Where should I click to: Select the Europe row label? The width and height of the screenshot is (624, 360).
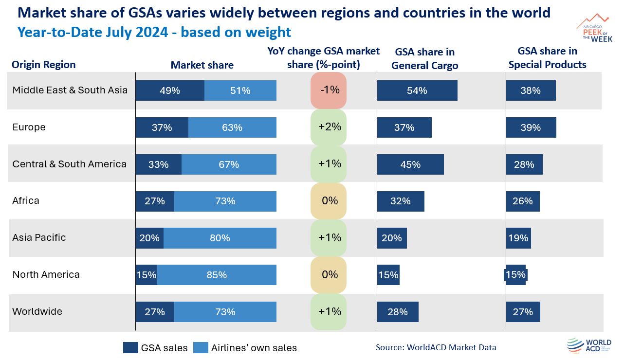(x=29, y=127)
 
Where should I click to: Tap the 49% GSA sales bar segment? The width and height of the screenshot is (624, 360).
(x=169, y=90)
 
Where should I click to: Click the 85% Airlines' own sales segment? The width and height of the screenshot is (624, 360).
(x=217, y=275)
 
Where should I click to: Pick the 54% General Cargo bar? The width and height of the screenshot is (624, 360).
(x=417, y=90)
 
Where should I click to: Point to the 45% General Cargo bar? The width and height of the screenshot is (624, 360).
(x=410, y=164)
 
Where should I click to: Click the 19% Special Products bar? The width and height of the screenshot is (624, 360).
(x=518, y=238)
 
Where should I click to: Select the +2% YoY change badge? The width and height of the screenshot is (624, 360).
(x=330, y=127)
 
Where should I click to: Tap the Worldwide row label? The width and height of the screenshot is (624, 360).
(x=37, y=311)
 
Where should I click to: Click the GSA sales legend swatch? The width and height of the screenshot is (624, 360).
(x=130, y=347)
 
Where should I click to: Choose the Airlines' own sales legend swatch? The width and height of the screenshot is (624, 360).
(x=201, y=347)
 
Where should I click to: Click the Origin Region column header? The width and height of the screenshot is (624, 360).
(x=44, y=65)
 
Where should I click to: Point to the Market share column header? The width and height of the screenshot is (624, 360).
(x=202, y=65)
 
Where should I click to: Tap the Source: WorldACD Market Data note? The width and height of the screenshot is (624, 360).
(x=436, y=347)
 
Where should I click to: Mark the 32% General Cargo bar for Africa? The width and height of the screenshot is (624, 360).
(x=401, y=201)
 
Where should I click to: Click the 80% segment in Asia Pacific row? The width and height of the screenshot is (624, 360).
(x=220, y=238)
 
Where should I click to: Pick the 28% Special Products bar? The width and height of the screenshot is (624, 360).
(x=524, y=164)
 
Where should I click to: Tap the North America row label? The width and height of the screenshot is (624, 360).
(x=46, y=274)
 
